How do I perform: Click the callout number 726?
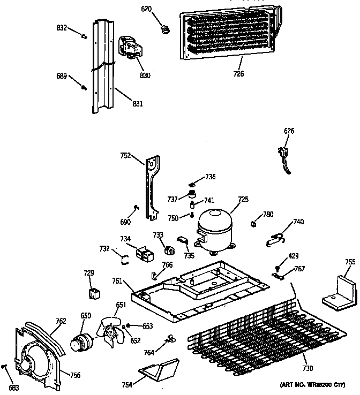pyautogui.click(x=238, y=74)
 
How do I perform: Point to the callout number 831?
pyautogui.click(x=137, y=104)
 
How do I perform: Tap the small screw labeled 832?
pyautogui.click(x=84, y=36)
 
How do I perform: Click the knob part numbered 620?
pyautogui.click(x=163, y=28)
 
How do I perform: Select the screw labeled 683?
pyautogui.click(x=5, y=367)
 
